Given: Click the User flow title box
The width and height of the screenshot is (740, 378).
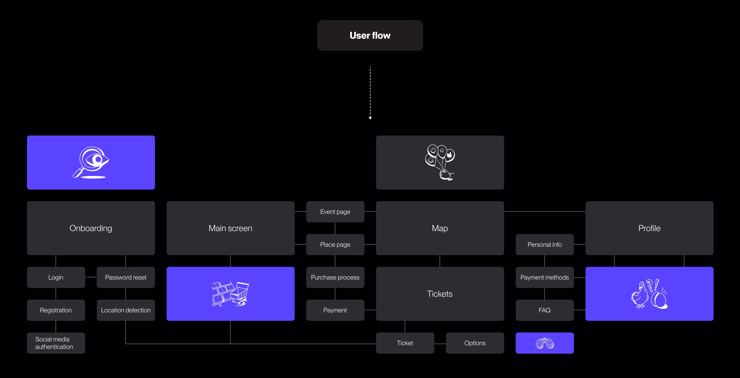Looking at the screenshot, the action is [370, 35].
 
